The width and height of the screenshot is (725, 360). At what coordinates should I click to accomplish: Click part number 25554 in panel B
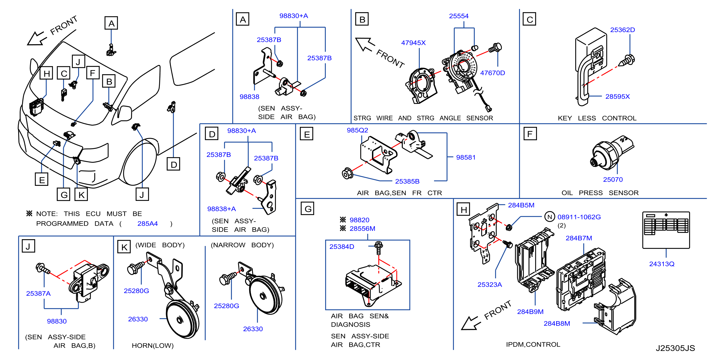(459, 16)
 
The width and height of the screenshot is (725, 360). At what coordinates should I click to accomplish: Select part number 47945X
(413, 43)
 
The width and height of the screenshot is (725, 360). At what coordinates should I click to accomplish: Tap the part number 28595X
(618, 97)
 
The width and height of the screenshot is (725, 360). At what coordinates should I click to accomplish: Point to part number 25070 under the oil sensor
(613, 180)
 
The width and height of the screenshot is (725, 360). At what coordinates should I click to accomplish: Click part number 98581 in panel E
(466, 157)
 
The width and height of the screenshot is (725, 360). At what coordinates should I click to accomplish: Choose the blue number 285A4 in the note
(148, 223)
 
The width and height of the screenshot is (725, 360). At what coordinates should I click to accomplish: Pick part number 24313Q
(662, 264)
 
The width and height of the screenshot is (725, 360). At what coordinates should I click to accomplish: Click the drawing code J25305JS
(675, 348)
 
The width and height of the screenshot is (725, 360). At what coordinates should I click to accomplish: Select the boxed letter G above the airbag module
(308, 209)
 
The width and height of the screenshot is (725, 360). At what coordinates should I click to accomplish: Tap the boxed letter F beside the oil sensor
(530, 134)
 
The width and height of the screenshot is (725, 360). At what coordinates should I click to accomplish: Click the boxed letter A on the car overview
(111, 23)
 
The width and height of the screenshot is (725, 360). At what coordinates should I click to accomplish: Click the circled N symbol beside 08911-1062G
(549, 217)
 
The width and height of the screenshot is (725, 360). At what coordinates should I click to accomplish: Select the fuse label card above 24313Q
(666, 230)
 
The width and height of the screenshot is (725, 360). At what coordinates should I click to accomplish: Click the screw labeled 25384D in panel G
(379, 247)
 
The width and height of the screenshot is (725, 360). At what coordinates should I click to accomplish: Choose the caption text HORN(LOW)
(153, 346)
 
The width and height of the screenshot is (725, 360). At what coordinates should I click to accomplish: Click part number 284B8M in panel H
(557, 324)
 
